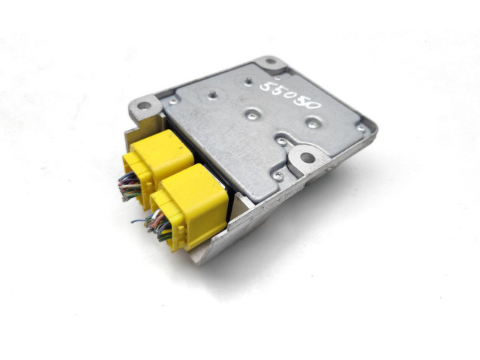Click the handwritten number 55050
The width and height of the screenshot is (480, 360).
[x=290, y=98]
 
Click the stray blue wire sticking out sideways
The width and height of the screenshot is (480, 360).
[x=139, y=220]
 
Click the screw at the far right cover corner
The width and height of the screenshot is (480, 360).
[x=361, y=128]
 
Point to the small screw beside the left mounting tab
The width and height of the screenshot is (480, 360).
[x=173, y=99]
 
